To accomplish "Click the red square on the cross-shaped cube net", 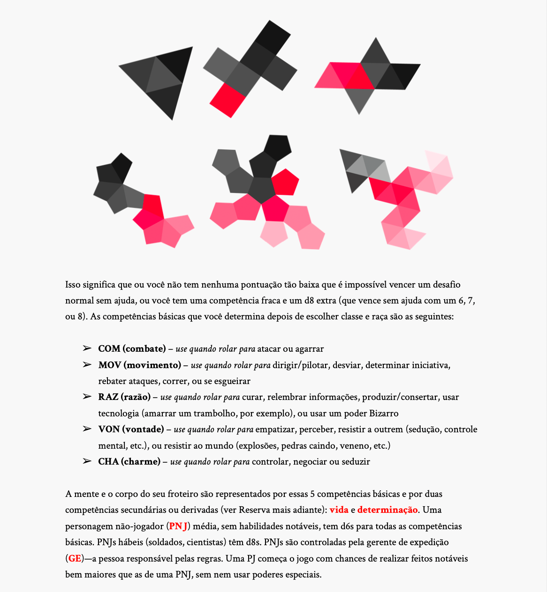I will point(228,100).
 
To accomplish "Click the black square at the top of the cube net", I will point(272,37).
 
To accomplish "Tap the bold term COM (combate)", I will point(132,349).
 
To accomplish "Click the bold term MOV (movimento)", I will point(139,365).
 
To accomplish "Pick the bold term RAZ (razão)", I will point(124,397).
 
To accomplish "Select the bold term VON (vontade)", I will point(131,429).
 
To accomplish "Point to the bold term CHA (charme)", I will point(129,462).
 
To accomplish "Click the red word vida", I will point(339,510).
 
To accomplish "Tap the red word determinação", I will point(387,510).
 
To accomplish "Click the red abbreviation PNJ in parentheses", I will point(178,526).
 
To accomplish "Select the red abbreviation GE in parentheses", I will point(75,559).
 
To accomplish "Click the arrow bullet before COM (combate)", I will point(87,348).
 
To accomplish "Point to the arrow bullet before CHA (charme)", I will point(87,461).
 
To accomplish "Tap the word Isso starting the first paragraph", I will point(73,285).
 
